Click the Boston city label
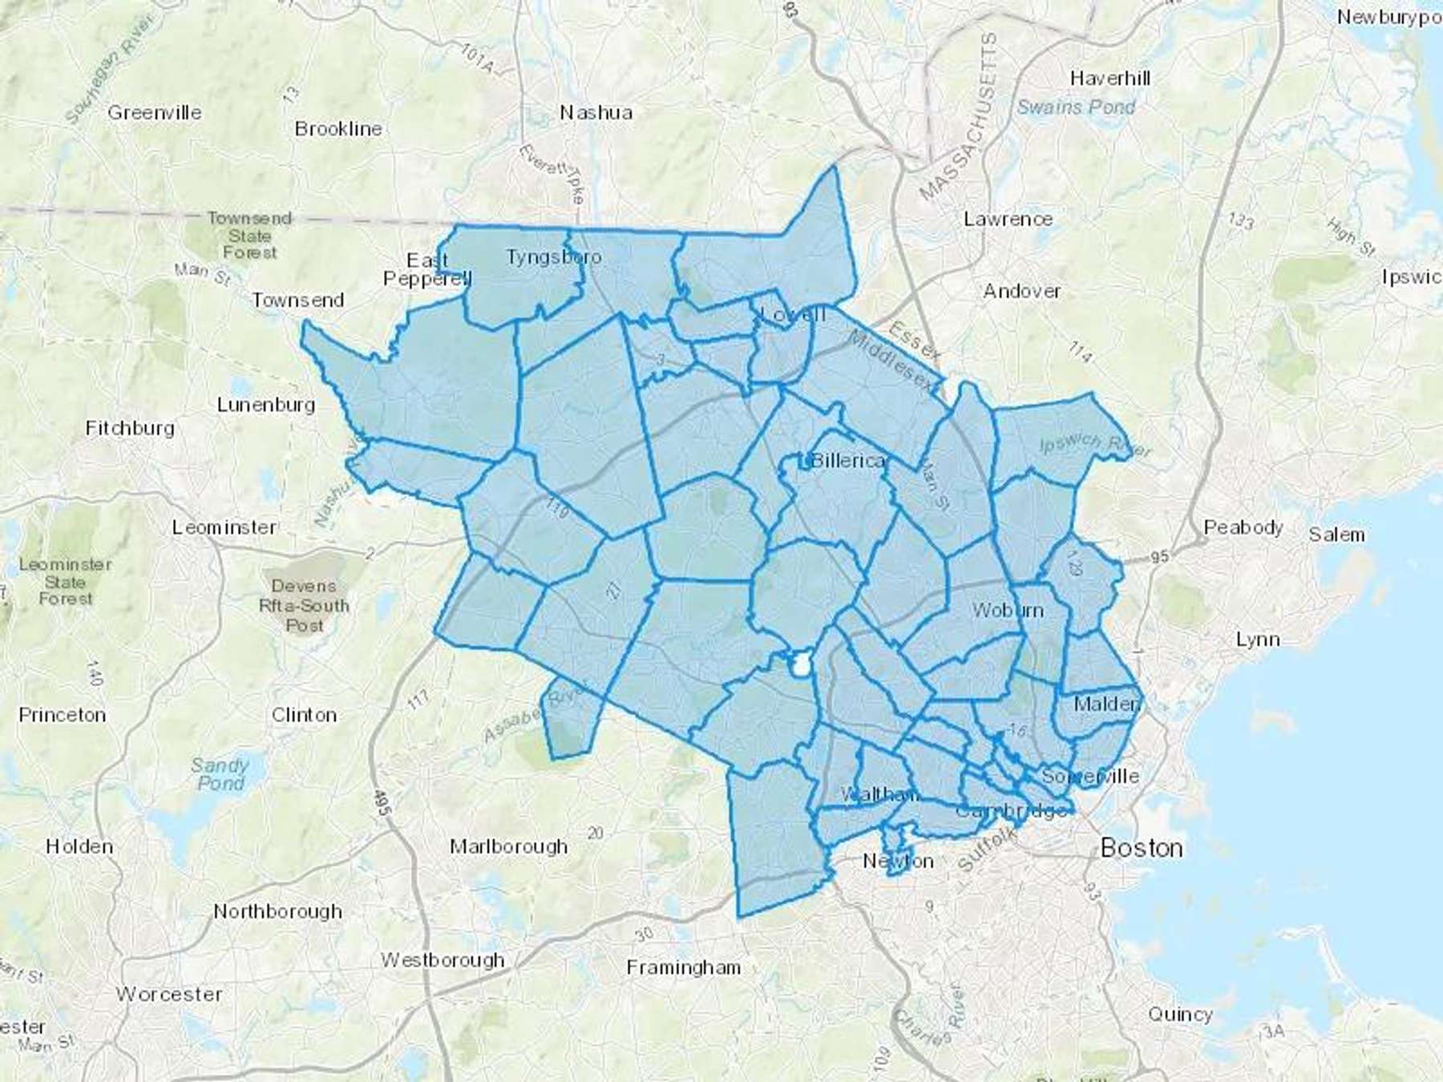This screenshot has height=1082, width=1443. pos(1141,848)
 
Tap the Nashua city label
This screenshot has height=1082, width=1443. pos(596,113)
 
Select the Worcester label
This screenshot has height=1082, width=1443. pos(168,995)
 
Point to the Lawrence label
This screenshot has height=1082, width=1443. pos(1008,219)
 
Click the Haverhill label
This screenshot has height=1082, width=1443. pos(1110,79)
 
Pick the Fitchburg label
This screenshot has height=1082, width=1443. pos(130,429)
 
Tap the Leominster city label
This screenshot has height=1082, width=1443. pos(224,527)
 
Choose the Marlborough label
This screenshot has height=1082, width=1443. pos(508,846)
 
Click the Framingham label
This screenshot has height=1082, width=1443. pos(683,968)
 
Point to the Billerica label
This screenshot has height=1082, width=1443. pos(848,461)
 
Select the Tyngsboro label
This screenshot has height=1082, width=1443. pos(553,257)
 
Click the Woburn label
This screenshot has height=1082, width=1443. pos(1008,610)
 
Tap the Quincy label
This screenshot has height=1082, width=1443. pos(1180,1015)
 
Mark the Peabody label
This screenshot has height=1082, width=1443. pos(1243,527)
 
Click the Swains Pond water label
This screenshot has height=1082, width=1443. pos(1076,107)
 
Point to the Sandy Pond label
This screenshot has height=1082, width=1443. pos(220,774)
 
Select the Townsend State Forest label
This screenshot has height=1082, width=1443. pos(249,236)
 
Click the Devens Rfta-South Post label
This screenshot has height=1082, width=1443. pos(304,605)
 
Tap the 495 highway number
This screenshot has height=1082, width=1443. pos(382,803)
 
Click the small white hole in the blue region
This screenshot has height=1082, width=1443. pos(799,664)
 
